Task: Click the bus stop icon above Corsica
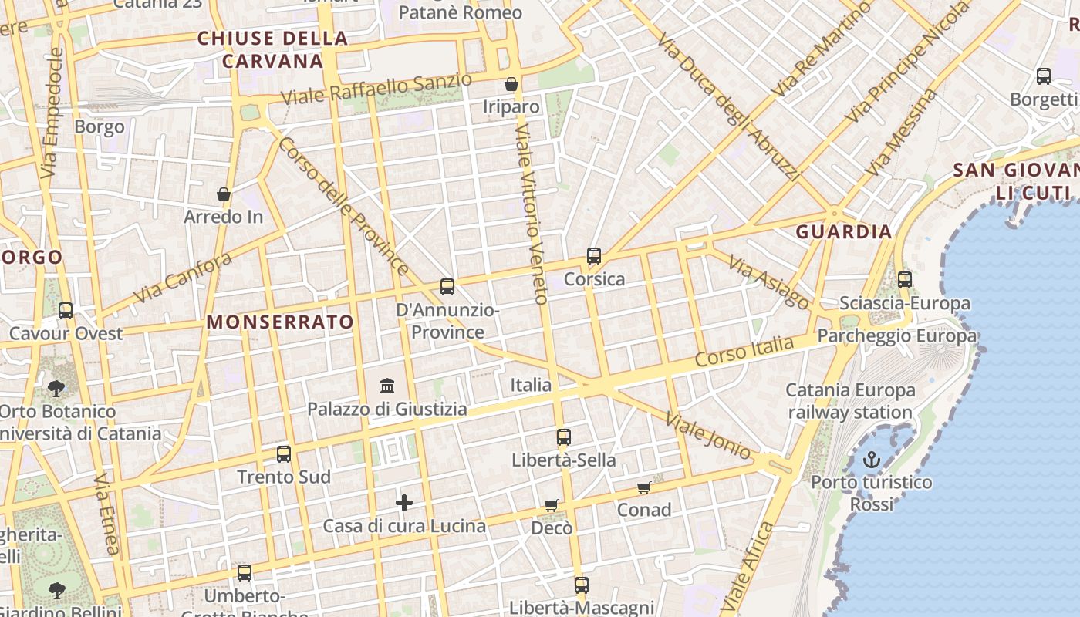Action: pyautogui.click(x=593, y=256)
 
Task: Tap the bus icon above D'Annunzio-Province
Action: pyautogui.click(x=447, y=287)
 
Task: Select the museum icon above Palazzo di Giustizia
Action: pyautogui.click(x=387, y=385)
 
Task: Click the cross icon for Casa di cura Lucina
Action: pyautogui.click(x=404, y=503)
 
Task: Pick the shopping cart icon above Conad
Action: pyautogui.click(x=644, y=487)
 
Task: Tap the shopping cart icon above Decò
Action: pyautogui.click(x=552, y=505)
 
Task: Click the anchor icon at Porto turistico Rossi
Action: pyautogui.click(x=871, y=460)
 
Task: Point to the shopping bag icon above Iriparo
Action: pyautogui.click(x=511, y=83)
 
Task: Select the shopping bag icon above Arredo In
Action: pyautogui.click(x=224, y=194)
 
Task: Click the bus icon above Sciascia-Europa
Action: pyautogui.click(x=905, y=280)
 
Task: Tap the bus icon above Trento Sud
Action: pyautogui.click(x=284, y=453)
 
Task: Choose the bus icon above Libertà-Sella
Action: pyautogui.click(x=564, y=437)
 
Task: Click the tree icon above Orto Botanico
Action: pyautogui.click(x=56, y=388)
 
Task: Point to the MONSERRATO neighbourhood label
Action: pyautogui.click(x=281, y=322)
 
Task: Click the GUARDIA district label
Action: pyautogui.click(x=844, y=231)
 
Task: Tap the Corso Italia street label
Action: pyautogui.click(x=744, y=351)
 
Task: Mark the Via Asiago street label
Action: pyautogui.click(x=768, y=283)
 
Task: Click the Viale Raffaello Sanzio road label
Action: pyautogui.click(x=376, y=90)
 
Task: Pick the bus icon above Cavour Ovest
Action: pyautogui.click(x=66, y=310)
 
